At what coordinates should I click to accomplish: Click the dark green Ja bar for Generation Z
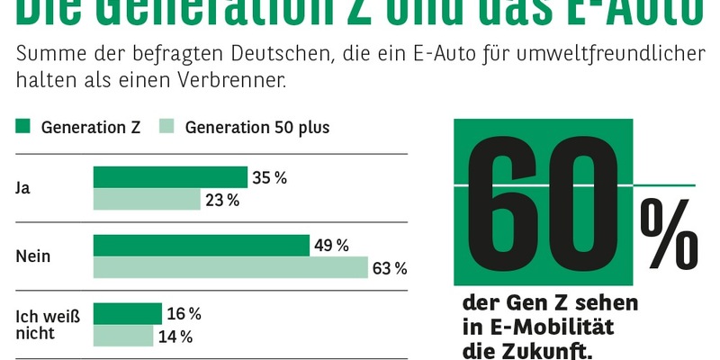click(170, 177)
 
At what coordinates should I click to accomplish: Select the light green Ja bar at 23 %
click(147, 200)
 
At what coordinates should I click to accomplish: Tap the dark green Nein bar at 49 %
click(201, 246)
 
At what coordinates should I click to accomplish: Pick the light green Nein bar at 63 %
click(230, 268)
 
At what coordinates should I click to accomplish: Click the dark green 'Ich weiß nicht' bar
click(127, 313)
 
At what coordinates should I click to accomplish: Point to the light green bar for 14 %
click(123, 337)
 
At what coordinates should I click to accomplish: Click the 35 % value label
click(269, 178)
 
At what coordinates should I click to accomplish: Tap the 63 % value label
click(390, 268)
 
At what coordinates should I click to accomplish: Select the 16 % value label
click(184, 314)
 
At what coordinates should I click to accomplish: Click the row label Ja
click(23, 188)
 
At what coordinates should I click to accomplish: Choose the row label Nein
click(33, 256)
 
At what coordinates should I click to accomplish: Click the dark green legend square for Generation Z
click(23, 127)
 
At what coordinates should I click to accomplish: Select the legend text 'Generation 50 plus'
click(257, 127)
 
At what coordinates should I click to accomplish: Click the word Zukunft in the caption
click(547, 350)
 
